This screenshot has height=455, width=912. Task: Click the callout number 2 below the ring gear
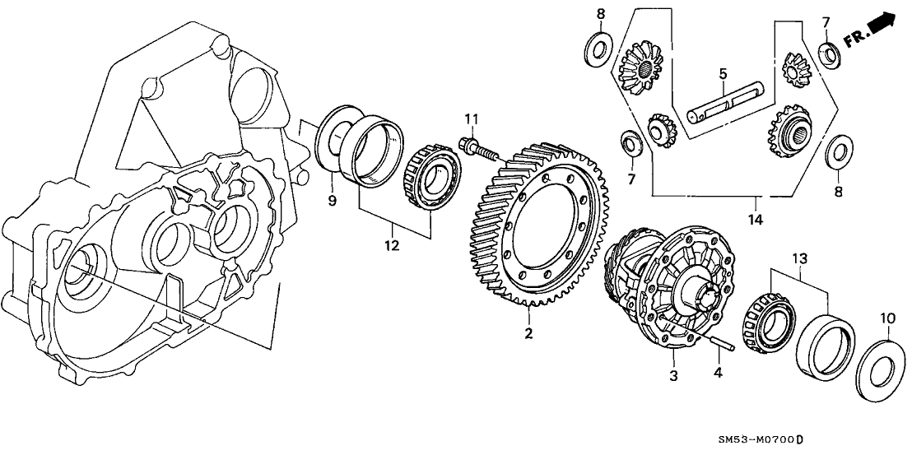[528, 333]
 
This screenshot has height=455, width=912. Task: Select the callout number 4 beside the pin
[718, 373]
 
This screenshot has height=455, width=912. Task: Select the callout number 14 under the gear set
[756, 220]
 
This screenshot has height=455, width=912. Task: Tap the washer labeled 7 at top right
[830, 54]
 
